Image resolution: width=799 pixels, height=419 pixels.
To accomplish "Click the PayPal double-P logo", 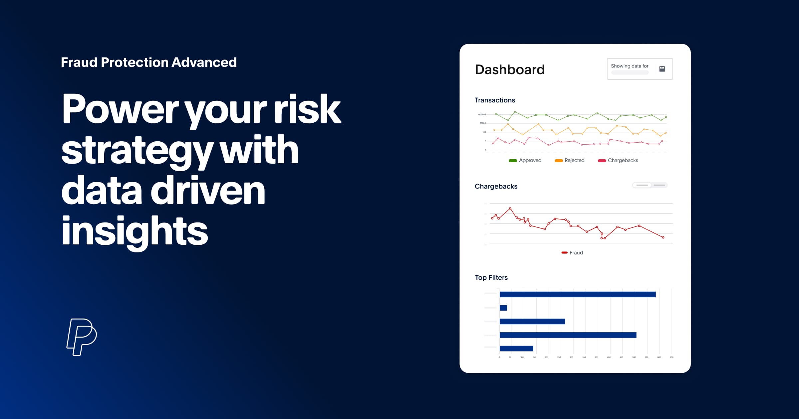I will [82, 337].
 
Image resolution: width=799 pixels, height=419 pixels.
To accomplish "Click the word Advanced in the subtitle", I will [204, 63].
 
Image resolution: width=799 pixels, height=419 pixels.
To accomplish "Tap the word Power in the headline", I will [121, 109].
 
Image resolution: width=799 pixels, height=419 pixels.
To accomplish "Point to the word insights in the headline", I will [134, 231].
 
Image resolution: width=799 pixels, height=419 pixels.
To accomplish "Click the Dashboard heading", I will [510, 70].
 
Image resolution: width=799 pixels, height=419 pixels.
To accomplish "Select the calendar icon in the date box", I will [662, 69].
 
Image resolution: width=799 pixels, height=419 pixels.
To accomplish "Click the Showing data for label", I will [629, 66].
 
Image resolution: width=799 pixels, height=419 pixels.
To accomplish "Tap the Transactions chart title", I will [495, 100].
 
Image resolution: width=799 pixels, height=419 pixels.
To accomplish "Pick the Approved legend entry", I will [525, 160].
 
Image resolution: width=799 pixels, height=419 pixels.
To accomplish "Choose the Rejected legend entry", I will [570, 160].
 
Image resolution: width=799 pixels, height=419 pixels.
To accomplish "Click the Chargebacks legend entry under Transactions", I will [618, 160].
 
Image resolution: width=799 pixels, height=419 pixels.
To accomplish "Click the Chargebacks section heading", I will [496, 186].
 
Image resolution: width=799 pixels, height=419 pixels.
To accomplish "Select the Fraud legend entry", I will [572, 253].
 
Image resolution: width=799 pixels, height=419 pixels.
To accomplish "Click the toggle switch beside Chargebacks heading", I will [650, 185].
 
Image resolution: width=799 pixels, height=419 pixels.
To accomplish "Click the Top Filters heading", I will [491, 277].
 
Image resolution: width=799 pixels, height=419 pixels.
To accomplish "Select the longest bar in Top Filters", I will [578, 294].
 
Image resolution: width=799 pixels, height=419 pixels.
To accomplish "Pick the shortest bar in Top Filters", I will [503, 308].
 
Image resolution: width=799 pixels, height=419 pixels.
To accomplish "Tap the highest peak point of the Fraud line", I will [510, 209].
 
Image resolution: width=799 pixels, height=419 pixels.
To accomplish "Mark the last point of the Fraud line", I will [663, 237].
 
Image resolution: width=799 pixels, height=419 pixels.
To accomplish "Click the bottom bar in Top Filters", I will [516, 349].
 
